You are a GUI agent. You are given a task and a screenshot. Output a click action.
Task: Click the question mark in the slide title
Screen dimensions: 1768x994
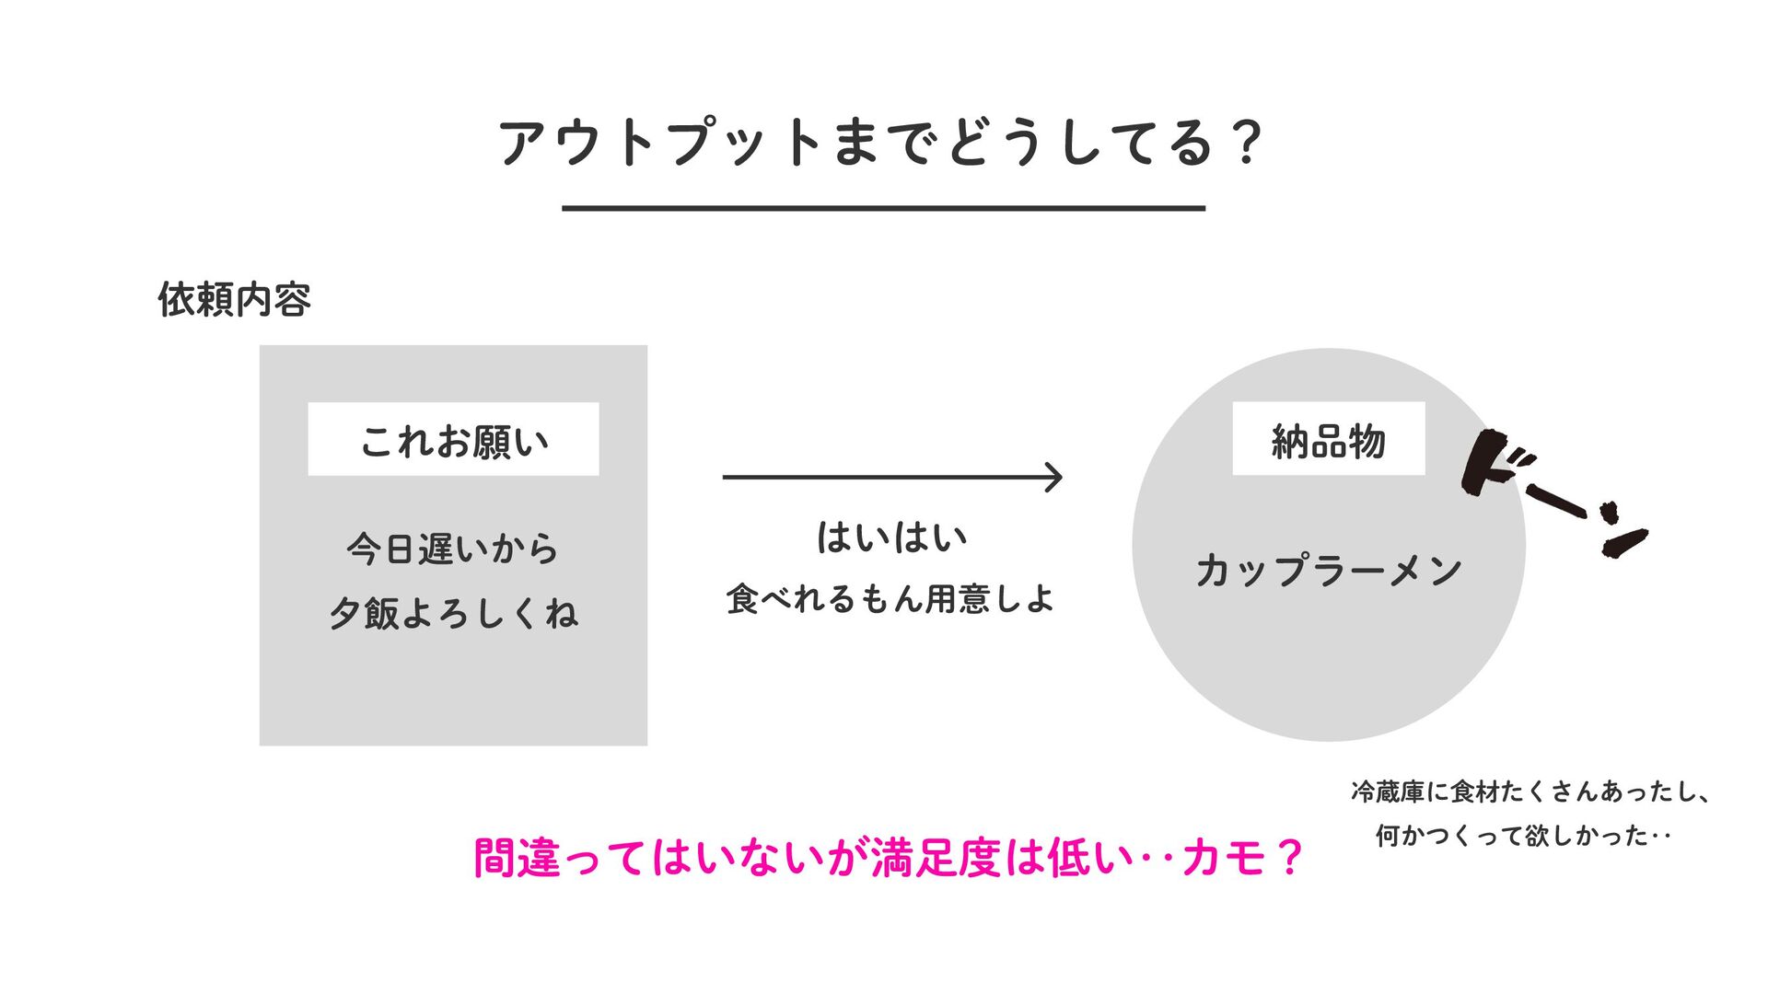(1247, 144)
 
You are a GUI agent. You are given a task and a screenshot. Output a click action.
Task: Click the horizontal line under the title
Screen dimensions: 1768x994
(883, 209)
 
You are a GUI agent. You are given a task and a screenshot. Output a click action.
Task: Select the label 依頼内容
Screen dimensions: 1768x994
(235, 300)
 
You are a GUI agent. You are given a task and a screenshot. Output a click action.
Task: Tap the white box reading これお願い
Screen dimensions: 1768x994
(453, 440)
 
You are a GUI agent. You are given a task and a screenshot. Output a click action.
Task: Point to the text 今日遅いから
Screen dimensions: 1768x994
(453, 549)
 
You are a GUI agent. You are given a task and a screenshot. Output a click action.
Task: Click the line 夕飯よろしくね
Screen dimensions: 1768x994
(453, 613)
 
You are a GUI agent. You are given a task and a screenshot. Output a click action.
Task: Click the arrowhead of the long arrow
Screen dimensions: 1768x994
(1053, 477)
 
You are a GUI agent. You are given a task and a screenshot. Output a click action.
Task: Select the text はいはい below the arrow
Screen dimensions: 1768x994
(891, 537)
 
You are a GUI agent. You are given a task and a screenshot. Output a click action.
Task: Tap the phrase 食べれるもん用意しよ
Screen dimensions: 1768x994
(890, 599)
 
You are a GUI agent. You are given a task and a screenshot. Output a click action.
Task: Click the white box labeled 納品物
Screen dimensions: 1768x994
(1328, 440)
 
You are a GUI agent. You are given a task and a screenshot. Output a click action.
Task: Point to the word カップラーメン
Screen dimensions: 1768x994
(1328, 571)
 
